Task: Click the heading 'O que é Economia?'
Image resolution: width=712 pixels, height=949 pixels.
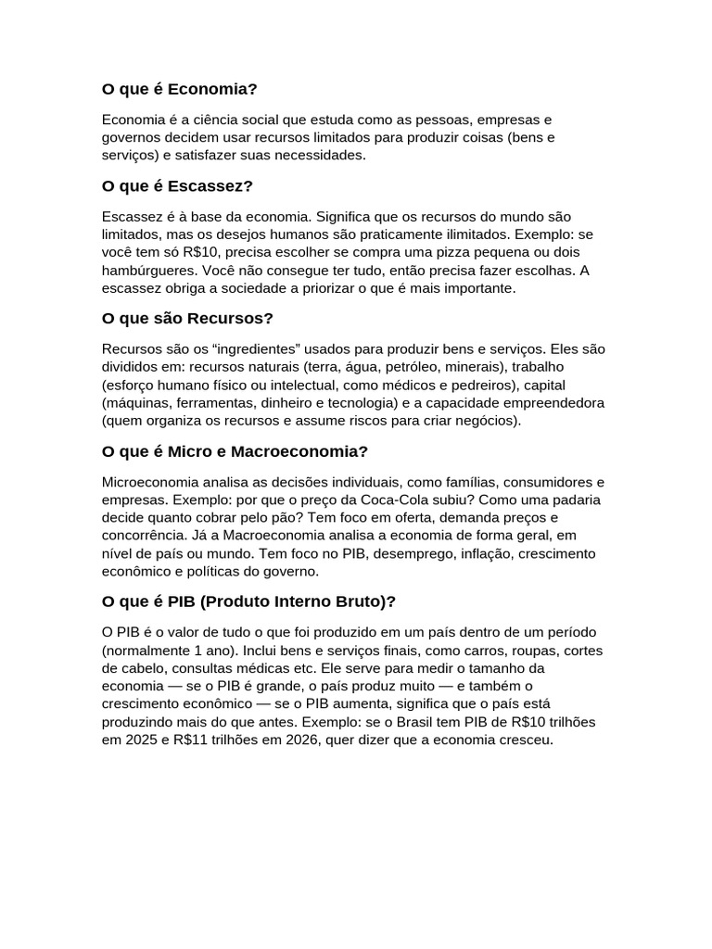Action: pos(179,89)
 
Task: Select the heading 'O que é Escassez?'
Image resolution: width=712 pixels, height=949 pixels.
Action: pos(177,185)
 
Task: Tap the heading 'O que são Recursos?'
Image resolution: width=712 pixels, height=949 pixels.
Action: pos(187,319)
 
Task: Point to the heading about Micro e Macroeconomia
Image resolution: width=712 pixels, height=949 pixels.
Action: pos(235,451)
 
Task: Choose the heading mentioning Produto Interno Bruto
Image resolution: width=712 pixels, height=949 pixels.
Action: pos(248,601)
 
